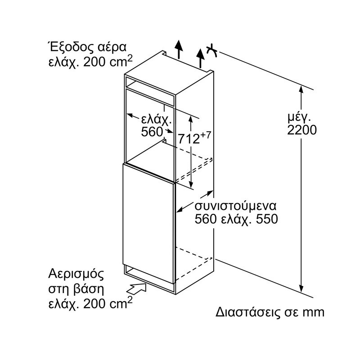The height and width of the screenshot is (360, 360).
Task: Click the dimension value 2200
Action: coord(301,130)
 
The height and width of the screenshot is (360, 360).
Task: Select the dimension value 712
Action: coord(188,139)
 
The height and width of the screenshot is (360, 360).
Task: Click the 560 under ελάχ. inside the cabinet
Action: coord(151,132)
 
